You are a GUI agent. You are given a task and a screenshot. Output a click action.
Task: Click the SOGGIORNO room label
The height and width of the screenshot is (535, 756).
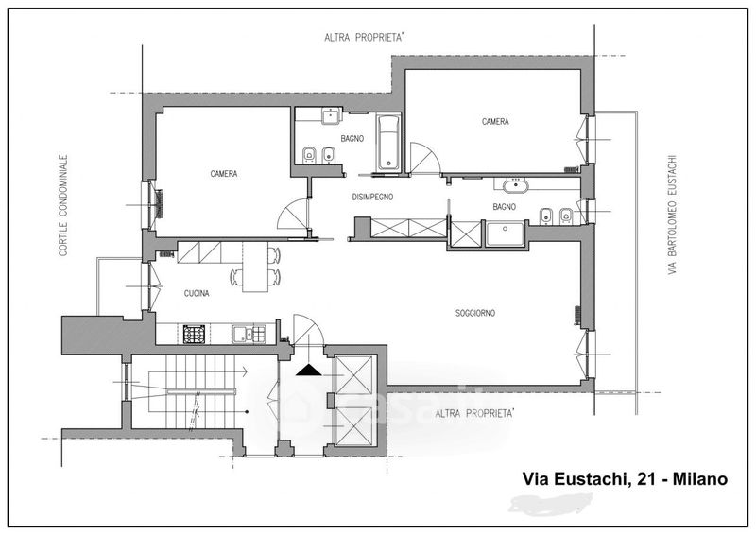point(475,313)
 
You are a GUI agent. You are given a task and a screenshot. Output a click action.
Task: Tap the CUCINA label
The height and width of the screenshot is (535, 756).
point(197,293)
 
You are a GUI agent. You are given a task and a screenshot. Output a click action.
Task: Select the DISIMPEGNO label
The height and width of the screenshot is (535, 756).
point(372,197)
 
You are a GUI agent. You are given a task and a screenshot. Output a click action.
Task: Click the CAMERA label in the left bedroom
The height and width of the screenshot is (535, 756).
point(224,173)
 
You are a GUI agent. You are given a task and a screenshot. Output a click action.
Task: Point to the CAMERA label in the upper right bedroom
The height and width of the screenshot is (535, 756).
point(495,122)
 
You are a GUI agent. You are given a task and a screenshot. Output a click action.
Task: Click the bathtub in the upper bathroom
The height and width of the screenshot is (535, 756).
point(388,143)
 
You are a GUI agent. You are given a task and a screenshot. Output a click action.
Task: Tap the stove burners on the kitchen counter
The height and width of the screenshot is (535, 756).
point(195,334)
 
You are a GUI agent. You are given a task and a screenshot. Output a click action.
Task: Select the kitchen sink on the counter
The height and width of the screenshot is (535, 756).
point(249,334)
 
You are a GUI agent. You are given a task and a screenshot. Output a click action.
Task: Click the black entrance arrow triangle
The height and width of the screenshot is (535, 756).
point(308,370)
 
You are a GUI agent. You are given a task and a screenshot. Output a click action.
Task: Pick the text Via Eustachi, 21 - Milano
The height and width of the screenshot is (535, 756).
point(626,479)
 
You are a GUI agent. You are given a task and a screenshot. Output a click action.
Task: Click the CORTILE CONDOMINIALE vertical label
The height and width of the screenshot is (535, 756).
point(63,205)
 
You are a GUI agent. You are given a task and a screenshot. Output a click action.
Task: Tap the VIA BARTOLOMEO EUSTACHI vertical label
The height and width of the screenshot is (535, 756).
point(673,216)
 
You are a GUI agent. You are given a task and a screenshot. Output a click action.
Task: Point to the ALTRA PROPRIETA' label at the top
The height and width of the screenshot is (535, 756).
point(364,38)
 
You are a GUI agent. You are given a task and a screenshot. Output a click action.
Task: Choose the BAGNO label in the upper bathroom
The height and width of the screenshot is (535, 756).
point(352,138)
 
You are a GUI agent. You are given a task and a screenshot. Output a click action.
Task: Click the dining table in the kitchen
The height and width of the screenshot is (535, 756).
point(254,267)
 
